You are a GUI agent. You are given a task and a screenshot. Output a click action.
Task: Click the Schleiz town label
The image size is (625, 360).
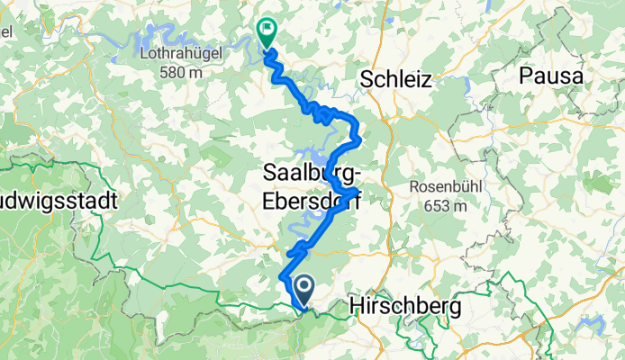pos(395,79)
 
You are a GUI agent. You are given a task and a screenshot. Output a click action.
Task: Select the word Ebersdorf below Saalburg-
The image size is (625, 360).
pos(311,202)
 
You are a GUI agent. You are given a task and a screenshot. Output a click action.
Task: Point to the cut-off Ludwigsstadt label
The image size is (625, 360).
pos(59,202)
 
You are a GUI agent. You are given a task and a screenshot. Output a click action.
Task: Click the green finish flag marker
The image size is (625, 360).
pos(267,33)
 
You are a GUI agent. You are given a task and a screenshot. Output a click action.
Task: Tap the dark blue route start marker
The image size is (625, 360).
pos(301,290)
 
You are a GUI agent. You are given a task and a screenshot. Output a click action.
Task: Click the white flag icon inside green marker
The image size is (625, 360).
pos(267,30)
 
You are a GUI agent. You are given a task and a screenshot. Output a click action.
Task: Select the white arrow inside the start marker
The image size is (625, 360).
pos(301,288)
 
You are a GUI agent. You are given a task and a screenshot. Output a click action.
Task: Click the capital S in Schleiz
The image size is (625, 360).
pos(367,79)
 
